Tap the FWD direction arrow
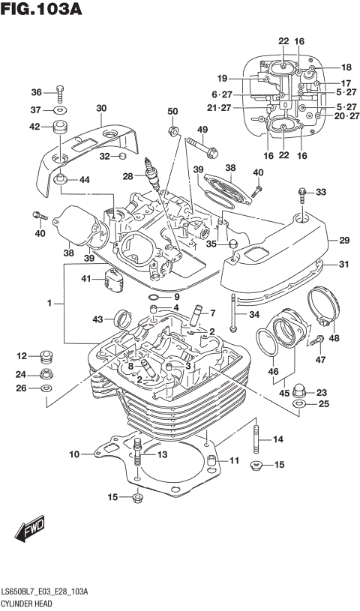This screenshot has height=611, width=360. point(31,532)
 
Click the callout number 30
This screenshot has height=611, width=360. point(101,107)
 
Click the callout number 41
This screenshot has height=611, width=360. point(88,280)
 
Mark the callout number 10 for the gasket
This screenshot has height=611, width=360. point(74,454)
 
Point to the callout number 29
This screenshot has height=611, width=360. point(344,240)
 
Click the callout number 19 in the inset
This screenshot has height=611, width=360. point(222,78)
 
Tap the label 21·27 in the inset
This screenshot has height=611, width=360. point(221,108)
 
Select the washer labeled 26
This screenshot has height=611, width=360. point(46,388)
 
